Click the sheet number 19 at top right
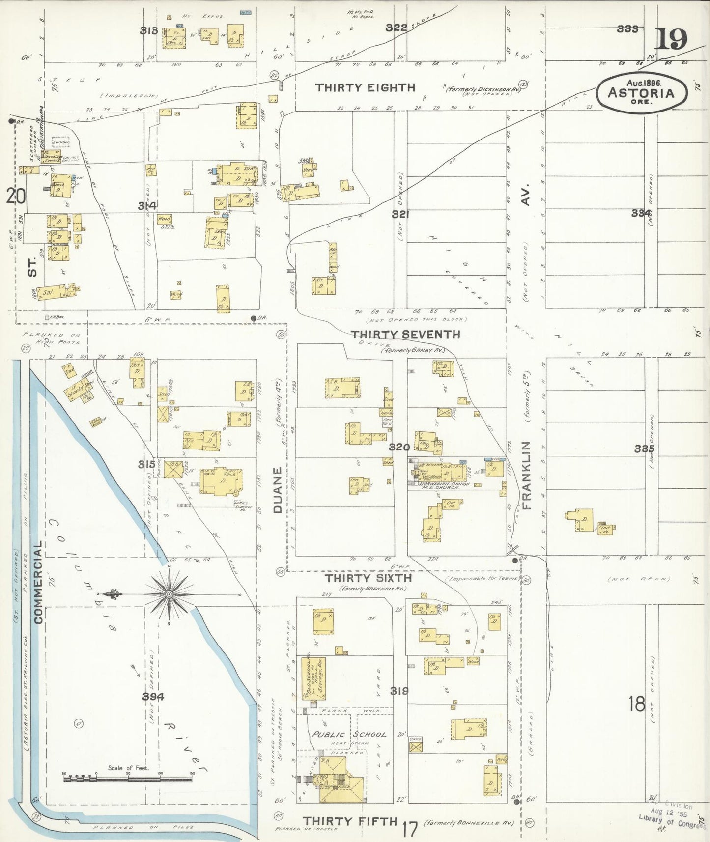tap(671, 39)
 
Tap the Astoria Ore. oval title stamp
tap(641, 93)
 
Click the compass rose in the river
tap(169, 595)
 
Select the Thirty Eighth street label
tap(365, 88)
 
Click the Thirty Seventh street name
tap(405, 335)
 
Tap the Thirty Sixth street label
tap(369, 578)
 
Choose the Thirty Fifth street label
tap(349, 821)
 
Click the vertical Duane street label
tap(278, 490)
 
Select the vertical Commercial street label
tap(38, 583)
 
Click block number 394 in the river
tap(153, 696)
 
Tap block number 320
tap(399, 447)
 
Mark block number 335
tap(644, 449)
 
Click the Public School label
tap(349, 734)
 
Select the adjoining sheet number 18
tap(637, 704)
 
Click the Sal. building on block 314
tap(48, 293)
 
